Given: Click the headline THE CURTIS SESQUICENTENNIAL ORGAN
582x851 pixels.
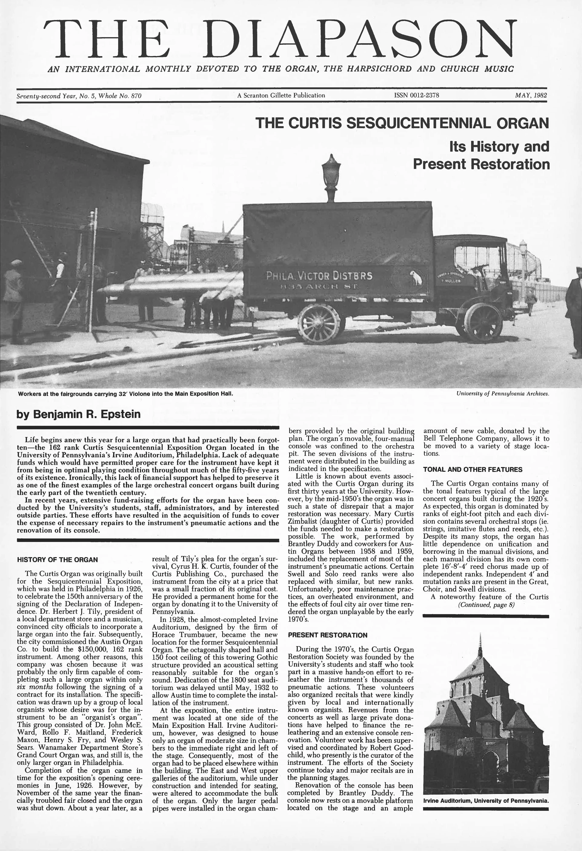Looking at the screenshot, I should click(x=402, y=123).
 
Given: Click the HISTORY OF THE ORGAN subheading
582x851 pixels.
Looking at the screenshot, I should click(x=58, y=560).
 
